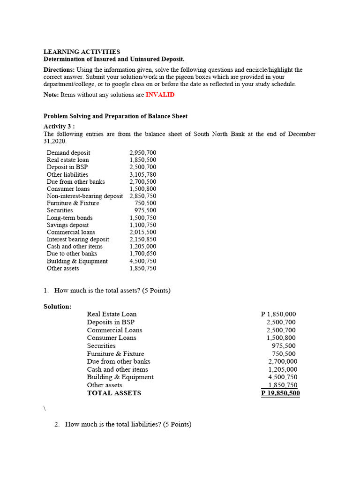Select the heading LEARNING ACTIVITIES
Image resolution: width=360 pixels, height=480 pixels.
tap(82, 52)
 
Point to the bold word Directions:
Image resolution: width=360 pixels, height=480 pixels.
tap(60, 70)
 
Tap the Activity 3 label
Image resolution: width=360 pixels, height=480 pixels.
tap(59, 127)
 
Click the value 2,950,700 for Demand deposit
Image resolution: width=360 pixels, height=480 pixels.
tap(143, 153)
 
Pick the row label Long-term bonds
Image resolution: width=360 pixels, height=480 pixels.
tap(69, 218)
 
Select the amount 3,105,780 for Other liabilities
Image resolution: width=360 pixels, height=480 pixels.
tap(143, 174)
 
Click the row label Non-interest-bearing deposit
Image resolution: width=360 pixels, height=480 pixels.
tap(85, 196)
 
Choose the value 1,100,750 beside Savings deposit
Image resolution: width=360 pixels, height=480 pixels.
tap(143, 225)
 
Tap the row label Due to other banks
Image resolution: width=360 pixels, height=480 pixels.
tap(72, 254)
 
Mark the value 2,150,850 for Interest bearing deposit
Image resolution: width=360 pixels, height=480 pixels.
tap(143, 240)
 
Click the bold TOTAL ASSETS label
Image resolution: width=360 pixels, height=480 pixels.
tap(114, 393)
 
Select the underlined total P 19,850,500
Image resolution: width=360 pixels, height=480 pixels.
tap(280, 393)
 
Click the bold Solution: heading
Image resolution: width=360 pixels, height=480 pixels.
tap(58, 307)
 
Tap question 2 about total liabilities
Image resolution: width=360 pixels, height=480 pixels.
tap(128, 425)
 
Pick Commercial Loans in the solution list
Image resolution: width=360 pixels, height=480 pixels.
tap(114, 330)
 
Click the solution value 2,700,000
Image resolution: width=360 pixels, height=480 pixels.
tap(282, 361)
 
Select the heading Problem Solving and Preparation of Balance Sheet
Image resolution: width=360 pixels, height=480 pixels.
tap(115, 116)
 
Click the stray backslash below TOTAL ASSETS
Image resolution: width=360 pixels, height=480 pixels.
tap(45, 409)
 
